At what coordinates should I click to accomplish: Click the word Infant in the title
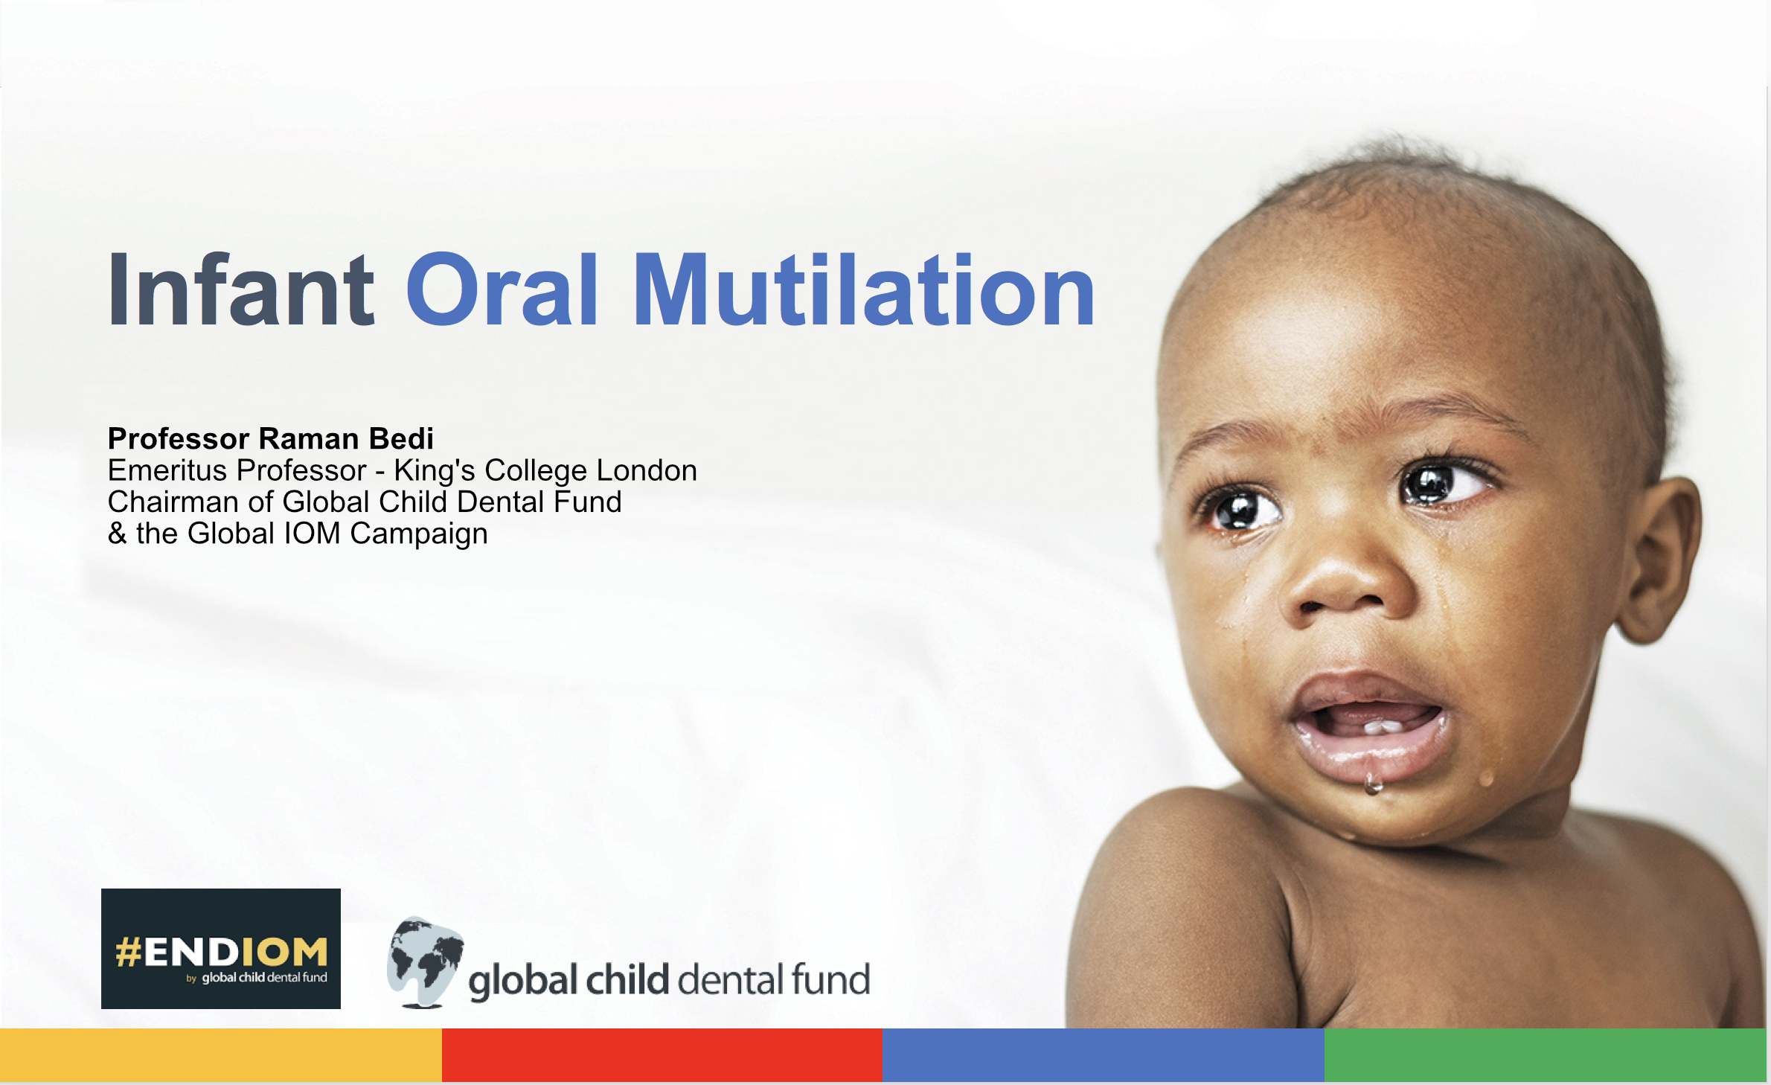tap(241, 289)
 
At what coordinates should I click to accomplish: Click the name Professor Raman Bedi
tap(271, 438)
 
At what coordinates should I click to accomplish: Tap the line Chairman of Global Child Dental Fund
tap(365, 502)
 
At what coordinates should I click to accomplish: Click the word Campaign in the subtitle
tap(419, 534)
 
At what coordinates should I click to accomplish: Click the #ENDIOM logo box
tap(221, 949)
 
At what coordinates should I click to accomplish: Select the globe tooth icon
tap(425, 961)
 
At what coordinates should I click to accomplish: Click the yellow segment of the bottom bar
tap(221, 1055)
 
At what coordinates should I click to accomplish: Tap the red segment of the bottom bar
tap(662, 1055)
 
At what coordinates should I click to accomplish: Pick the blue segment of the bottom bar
tap(1104, 1055)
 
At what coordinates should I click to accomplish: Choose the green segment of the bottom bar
tap(1546, 1055)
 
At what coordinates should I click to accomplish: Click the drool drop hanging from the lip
tap(1373, 783)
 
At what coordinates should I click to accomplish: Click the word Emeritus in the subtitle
tap(167, 470)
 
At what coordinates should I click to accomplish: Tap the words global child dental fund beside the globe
tap(669, 980)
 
